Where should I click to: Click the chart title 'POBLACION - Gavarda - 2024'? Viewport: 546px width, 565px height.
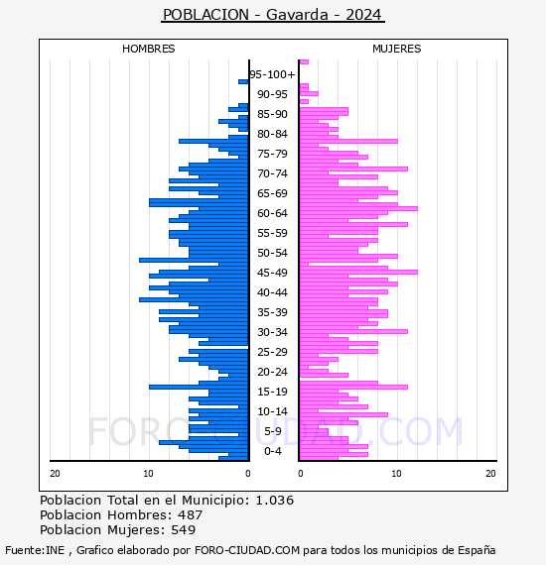(272, 15)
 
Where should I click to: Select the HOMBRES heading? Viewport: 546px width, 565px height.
(148, 49)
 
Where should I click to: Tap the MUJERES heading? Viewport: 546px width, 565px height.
(397, 49)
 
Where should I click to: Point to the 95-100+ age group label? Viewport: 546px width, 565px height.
(272, 74)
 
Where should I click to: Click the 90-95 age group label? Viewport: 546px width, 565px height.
(272, 94)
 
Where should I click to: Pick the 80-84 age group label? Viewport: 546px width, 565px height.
(272, 134)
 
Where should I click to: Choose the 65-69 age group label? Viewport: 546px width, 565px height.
(272, 193)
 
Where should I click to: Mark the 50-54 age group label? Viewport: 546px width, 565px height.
(272, 253)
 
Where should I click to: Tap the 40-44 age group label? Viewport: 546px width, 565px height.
(272, 292)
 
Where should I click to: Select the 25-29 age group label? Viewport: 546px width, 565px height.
(272, 352)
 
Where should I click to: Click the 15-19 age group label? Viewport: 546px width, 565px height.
(272, 392)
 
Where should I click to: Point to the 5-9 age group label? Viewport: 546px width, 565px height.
(273, 431)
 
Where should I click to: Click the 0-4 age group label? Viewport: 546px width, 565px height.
(273, 451)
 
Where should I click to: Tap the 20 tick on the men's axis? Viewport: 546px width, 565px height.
(55, 474)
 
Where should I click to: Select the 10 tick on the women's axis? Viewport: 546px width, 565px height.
(396, 474)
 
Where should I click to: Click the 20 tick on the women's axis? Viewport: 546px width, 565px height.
(490, 474)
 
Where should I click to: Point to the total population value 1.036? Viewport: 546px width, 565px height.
(275, 501)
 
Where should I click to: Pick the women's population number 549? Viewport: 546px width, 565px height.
(184, 530)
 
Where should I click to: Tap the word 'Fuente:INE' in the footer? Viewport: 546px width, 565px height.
(35, 550)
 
